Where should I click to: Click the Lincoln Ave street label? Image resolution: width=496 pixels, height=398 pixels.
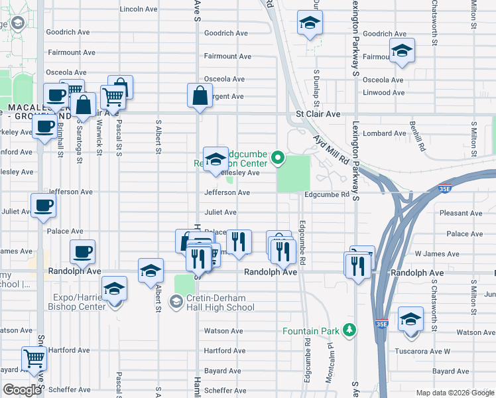point(139,9)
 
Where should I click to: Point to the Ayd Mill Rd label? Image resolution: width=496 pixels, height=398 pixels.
point(330,149)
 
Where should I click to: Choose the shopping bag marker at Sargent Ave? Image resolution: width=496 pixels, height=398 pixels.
point(200,96)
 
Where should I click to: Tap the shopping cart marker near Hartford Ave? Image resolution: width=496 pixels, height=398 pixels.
point(34,359)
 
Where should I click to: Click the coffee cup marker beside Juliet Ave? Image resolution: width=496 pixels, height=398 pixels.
point(43,206)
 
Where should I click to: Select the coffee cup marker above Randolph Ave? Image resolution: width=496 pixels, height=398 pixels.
point(83,252)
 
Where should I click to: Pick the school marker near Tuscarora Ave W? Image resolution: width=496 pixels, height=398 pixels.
point(410,319)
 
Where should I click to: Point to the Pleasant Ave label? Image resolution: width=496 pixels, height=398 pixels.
point(462,214)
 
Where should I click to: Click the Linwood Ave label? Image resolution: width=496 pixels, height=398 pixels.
point(384,92)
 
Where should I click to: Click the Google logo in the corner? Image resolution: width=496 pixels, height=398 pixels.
point(22,390)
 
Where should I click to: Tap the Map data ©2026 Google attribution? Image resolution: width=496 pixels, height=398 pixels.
point(454,393)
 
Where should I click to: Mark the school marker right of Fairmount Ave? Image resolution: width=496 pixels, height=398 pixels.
point(401,51)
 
